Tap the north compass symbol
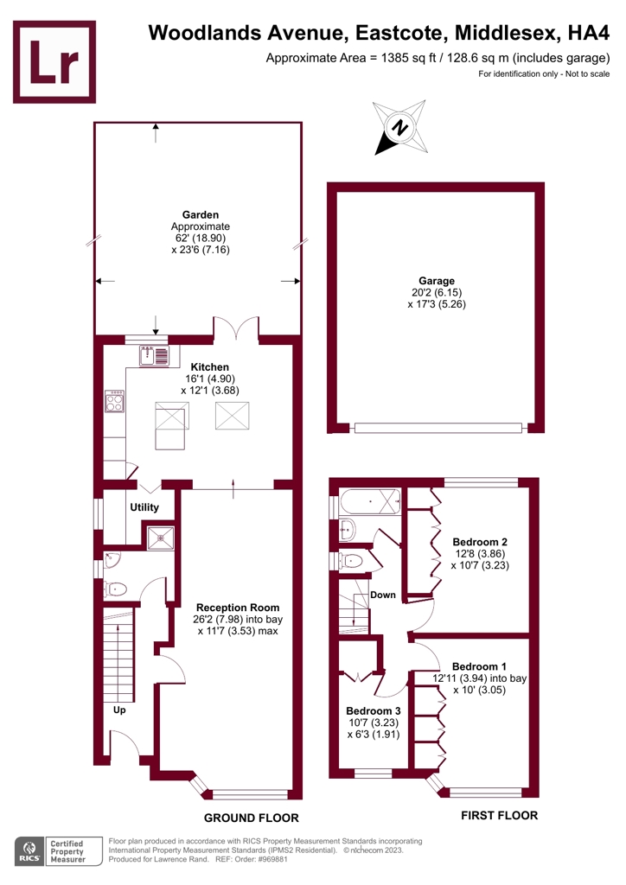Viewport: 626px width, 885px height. click(399, 128)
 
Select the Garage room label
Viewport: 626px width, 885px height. click(437, 281)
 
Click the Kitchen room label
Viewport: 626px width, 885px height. click(210, 366)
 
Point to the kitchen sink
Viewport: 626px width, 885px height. click(154, 354)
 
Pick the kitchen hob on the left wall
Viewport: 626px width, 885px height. click(114, 401)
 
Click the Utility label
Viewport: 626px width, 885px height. click(144, 506)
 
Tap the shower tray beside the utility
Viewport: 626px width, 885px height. click(160, 538)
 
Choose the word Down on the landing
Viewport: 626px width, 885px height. click(382, 595)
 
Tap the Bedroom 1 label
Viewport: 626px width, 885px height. click(480, 666)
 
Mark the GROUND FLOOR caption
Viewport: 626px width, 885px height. click(251, 818)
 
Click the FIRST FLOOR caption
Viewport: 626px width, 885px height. click(499, 815)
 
